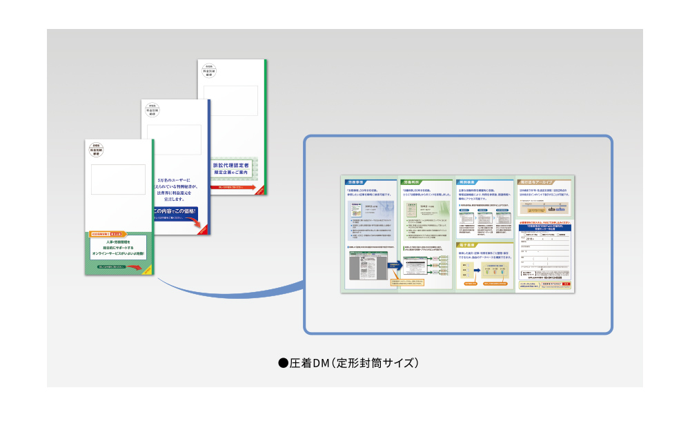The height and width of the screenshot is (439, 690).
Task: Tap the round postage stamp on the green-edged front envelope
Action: (x=97, y=150)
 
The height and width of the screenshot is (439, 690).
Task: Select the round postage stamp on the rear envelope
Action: (x=210, y=71)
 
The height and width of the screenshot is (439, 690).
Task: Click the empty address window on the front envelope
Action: (x=118, y=179)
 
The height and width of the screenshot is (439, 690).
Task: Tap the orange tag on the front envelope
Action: (x=107, y=235)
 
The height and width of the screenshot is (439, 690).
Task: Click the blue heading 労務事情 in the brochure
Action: (x=357, y=183)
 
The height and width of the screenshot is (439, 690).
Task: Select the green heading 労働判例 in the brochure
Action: (x=413, y=183)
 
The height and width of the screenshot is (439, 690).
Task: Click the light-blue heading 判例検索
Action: (x=469, y=183)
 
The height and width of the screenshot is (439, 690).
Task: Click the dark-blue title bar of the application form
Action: (x=544, y=226)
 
